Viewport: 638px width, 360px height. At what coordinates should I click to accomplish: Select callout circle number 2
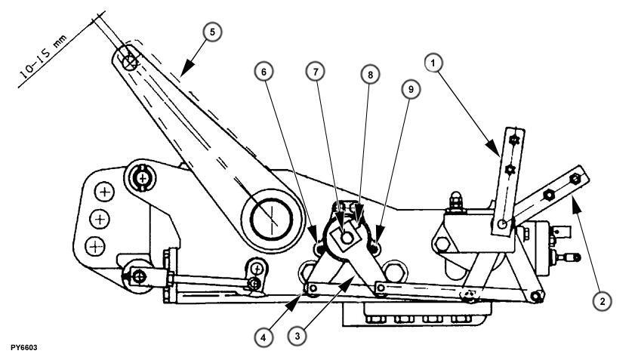point(602,300)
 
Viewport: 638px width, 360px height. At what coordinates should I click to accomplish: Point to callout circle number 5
point(212,34)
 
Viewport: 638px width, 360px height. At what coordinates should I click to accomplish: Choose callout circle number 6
point(264,72)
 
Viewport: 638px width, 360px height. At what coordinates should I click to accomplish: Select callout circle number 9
point(411,89)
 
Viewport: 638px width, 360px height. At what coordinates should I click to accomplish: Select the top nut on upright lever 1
point(513,140)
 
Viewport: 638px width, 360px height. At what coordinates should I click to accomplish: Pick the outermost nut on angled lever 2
point(575,178)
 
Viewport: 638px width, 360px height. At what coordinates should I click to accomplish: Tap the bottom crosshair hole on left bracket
point(94,245)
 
